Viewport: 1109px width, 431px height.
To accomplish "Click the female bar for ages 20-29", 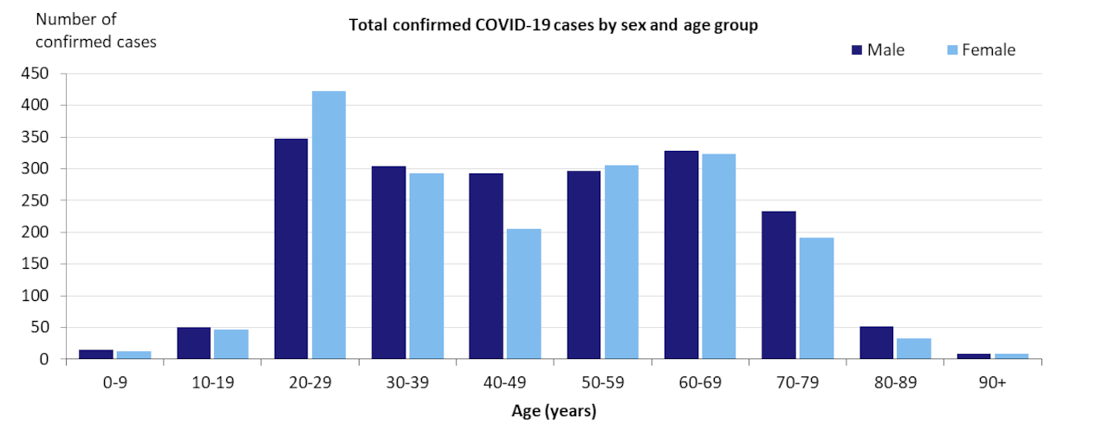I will coord(328,225).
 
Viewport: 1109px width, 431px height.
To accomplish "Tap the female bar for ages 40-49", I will coord(523,294).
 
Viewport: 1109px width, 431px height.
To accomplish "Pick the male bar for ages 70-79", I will coord(779,285).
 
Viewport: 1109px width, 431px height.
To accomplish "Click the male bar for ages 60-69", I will coord(681,255).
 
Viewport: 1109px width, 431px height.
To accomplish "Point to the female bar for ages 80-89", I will coord(914,349).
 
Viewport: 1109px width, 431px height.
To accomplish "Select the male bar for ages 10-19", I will coord(193,343).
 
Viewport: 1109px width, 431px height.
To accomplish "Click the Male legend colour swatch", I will coord(856,50).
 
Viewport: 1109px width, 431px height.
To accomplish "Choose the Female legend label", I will coord(988,50).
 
